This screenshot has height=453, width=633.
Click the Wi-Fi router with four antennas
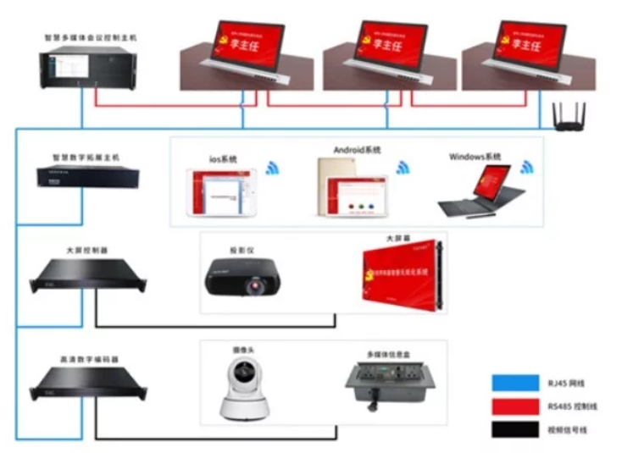click(x=572, y=118)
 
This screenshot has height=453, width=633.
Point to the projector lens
click(x=252, y=287)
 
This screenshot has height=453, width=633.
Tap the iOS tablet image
click(x=221, y=193)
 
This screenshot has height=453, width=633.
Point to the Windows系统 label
click(x=475, y=157)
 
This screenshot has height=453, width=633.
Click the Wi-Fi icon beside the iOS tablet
click(x=273, y=168)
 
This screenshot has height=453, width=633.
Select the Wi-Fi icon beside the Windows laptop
click(x=527, y=166)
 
